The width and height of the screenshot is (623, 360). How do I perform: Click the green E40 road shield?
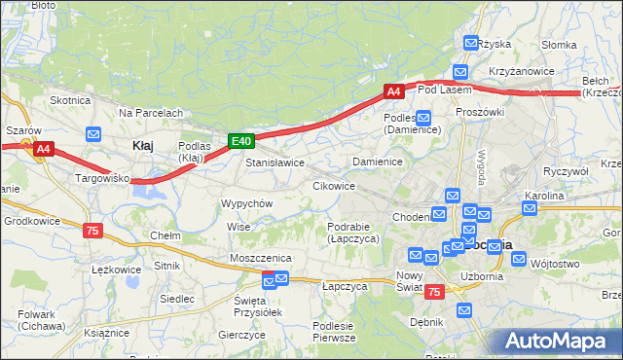242,141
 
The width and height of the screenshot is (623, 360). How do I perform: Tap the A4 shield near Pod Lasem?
393,91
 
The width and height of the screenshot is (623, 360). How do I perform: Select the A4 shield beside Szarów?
43,149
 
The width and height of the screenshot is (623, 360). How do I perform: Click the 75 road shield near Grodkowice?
92,231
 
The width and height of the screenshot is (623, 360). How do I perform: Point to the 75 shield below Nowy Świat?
434,292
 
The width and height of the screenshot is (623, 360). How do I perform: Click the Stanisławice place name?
275,162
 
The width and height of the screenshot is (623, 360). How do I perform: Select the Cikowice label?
333,185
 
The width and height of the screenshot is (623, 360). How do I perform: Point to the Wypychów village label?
246,203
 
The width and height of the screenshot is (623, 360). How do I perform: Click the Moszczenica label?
261,257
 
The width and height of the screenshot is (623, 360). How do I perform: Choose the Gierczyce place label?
242,335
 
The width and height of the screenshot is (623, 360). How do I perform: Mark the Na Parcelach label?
151,113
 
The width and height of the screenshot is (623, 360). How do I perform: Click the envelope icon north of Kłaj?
94,134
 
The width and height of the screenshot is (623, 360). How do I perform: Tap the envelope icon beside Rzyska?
471,43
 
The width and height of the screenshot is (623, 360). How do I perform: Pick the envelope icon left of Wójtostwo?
518,261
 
